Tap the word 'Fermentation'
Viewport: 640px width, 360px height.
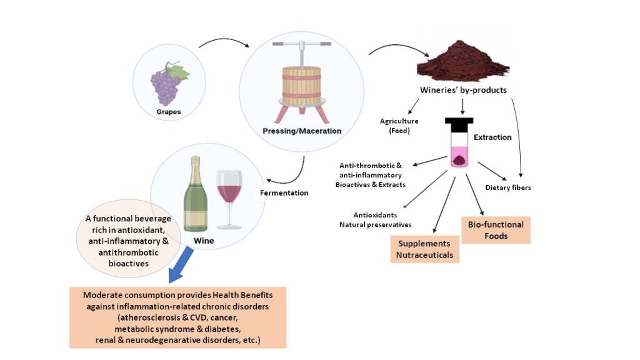pos(284,193)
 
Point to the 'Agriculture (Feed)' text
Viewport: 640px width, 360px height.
pos(398,126)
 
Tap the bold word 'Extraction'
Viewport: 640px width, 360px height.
pos(492,137)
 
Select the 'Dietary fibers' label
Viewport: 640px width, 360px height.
pos(508,187)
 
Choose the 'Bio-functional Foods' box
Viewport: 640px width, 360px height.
pos(495,230)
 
